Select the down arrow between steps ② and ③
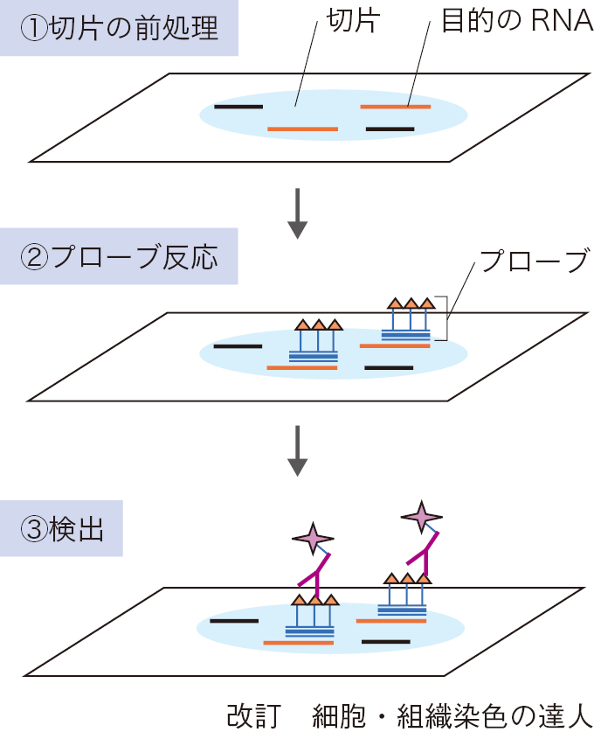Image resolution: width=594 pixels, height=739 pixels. [x=298, y=450]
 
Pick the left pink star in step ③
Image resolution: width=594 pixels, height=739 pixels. [x=312, y=537]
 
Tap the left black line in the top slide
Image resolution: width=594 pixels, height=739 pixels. [x=238, y=107]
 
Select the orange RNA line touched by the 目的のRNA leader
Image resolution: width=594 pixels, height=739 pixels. [x=395, y=107]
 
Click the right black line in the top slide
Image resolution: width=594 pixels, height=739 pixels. [x=390, y=129]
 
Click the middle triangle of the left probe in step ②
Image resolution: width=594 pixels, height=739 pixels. [x=319, y=324]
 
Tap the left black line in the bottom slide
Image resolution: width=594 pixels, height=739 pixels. [x=234, y=620]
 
